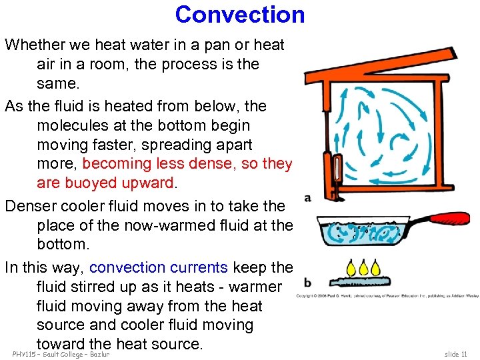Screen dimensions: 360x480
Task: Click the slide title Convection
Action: click(x=240, y=15)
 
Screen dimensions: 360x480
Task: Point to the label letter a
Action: click(x=307, y=198)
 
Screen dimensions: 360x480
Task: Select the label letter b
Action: click(x=307, y=283)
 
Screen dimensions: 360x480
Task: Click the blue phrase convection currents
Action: click(x=159, y=267)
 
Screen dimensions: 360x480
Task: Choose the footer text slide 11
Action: click(x=455, y=354)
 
